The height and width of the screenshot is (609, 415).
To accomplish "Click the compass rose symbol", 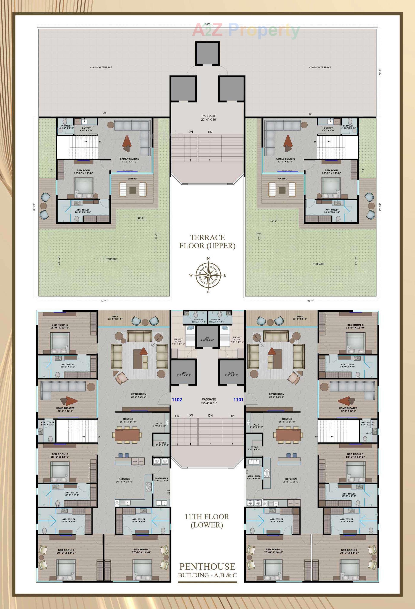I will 208,275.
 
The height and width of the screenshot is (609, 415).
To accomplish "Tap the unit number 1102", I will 177,400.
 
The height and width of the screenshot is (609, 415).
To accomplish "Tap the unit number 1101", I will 238,400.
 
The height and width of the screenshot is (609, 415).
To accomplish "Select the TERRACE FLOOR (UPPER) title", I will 207,242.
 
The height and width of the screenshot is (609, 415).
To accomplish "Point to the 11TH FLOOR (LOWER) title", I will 207,521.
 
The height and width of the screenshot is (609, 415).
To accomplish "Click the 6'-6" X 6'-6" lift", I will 207,339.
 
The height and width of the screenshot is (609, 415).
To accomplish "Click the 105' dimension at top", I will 207,24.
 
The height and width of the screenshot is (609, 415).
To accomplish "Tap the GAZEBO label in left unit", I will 132,178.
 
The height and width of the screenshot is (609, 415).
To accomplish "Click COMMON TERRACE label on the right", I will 320,67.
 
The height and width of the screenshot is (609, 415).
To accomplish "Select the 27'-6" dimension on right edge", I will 380,72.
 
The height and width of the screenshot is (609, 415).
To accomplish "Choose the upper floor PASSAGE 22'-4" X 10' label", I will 209,118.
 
